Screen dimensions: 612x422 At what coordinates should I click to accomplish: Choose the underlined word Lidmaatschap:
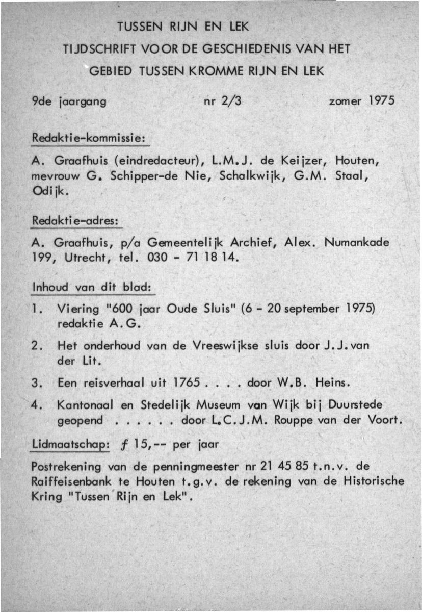[70, 444]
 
